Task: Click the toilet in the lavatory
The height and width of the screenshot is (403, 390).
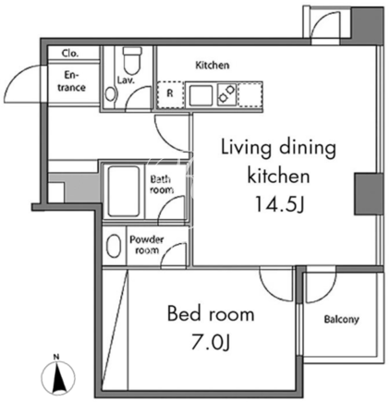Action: [132, 59]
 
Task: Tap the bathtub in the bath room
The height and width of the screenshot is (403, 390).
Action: [124, 191]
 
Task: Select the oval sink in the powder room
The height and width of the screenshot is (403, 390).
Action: [113, 246]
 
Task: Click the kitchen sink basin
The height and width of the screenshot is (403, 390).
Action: [201, 95]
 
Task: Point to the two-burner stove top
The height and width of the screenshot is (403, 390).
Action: [227, 94]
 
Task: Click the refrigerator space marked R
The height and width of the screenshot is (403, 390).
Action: [170, 94]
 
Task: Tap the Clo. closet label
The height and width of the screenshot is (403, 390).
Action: [70, 54]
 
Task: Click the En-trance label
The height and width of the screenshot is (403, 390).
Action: [71, 81]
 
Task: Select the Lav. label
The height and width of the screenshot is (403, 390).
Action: [126, 80]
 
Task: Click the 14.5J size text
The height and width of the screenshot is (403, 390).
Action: [279, 203]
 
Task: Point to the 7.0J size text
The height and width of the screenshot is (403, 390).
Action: [211, 342]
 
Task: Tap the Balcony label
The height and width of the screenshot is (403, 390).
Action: [342, 319]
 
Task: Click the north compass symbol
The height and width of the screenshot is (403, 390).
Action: [58, 375]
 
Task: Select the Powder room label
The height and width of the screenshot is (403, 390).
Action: [147, 245]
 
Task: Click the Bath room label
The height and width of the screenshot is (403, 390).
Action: [161, 184]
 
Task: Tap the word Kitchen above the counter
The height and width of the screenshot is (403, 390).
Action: [213, 65]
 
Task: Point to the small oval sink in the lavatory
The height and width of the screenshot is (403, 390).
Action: [109, 94]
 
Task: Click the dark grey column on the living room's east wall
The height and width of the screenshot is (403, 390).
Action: [368, 194]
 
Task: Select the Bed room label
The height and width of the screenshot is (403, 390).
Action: [211, 314]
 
